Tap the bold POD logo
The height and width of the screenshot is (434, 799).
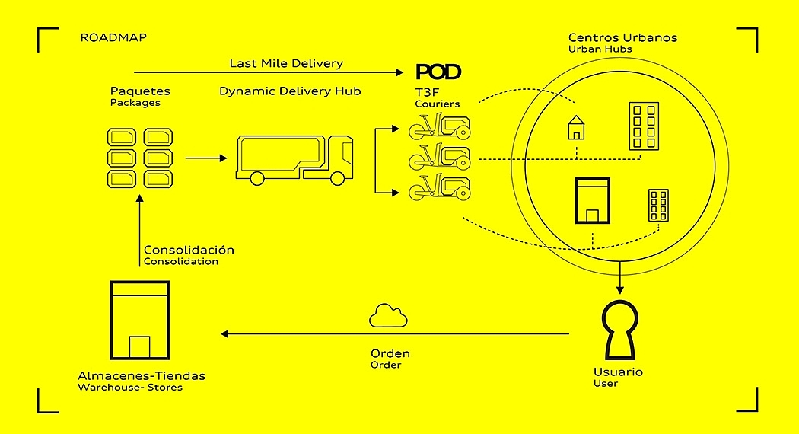438,72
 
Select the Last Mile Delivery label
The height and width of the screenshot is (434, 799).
286,63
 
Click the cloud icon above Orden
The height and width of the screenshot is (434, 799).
389,316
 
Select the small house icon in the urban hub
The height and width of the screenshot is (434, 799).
577,127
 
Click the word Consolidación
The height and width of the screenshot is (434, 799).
189,250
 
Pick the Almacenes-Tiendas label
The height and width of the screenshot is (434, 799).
142,376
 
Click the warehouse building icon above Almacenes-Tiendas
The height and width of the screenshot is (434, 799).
139,321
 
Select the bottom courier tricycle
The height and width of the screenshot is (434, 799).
439,188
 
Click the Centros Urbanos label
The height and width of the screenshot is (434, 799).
622,37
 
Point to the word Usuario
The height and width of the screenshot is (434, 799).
618,372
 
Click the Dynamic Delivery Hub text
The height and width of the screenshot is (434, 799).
290,91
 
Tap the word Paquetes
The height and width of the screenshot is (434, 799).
140,91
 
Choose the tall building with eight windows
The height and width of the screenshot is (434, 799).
643,126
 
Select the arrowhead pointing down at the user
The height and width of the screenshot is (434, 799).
620,289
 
